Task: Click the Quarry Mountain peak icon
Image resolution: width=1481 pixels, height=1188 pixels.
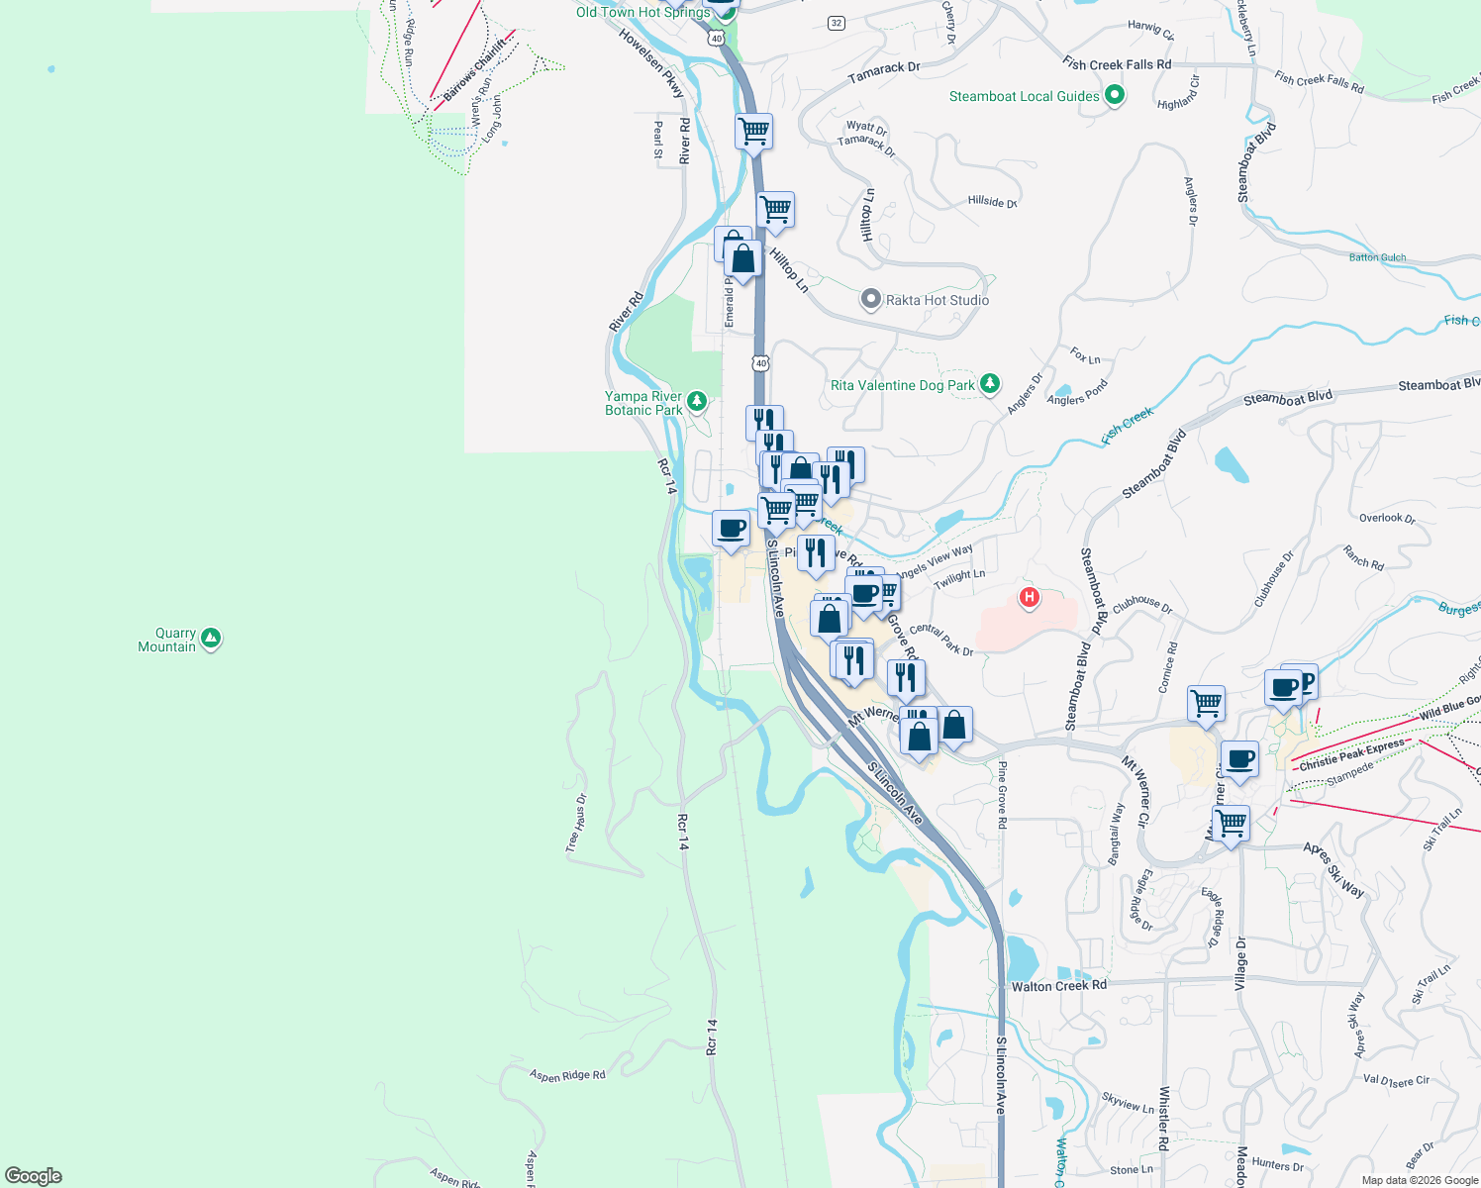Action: click(x=210, y=639)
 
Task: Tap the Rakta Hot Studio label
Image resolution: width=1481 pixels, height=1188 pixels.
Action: click(x=937, y=300)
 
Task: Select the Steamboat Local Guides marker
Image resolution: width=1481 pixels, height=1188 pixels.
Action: click(x=1115, y=96)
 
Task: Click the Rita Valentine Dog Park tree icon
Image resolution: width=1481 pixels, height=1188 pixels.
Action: click(x=989, y=384)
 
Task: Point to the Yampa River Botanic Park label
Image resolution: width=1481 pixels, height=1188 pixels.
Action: click(x=643, y=403)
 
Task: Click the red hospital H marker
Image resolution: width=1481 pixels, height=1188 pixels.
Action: click(x=1030, y=597)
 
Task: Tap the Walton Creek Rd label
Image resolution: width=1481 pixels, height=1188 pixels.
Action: click(x=1058, y=986)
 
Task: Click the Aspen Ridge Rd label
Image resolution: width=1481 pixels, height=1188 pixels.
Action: click(x=567, y=1075)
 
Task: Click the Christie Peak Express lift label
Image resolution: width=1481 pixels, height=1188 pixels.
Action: click(x=1351, y=754)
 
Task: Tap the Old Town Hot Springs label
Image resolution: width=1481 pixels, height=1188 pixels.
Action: click(x=643, y=13)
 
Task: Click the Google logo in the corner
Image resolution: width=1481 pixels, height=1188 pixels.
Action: click(x=34, y=1176)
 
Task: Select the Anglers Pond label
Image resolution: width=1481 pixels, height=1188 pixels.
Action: click(x=1077, y=393)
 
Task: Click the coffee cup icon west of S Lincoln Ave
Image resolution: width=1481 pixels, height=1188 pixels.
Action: click(x=732, y=528)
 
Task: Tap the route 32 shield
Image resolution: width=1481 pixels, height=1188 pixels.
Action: click(x=837, y=23)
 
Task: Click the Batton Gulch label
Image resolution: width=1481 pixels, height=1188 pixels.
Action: click(x=1377, y=257)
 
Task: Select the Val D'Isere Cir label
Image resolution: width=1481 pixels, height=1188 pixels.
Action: click(x=1396, y=1080)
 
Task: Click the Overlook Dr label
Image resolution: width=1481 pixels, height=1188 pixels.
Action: click(x=1387, y=518)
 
